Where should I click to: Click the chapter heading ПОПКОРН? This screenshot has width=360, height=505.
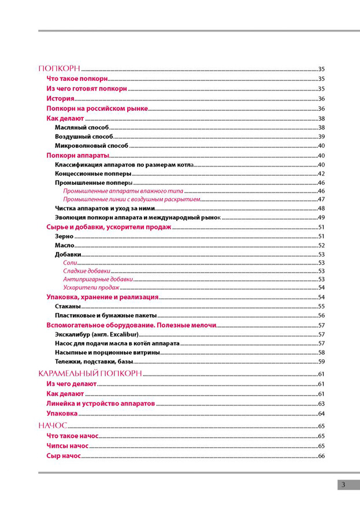coord(59,68)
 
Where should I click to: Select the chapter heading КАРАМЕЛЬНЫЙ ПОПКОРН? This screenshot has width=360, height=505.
coord(90,374)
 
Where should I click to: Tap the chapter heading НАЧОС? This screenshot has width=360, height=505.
coord(53,425)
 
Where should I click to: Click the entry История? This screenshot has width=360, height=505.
coord(60,99)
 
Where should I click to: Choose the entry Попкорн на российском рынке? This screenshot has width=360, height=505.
coord(97,109)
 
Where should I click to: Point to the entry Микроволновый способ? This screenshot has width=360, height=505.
coord(91,146)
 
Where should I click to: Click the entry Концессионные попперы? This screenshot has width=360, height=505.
coord(92,173)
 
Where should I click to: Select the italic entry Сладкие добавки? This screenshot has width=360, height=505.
coord(86,270)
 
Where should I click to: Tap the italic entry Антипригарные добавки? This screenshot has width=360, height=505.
coord(98,279)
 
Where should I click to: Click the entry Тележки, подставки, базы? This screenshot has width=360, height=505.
coord(94,361)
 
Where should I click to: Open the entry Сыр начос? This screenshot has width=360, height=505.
coord(64,456)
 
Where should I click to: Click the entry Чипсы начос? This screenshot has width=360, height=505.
coord(67,446)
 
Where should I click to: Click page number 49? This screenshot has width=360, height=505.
coord(321,217)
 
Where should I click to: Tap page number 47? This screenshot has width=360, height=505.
coord(321,199)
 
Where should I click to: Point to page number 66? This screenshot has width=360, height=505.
coord(321,456)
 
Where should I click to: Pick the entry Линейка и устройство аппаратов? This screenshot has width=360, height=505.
coord(101,403)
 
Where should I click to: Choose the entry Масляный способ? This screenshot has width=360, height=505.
coord(81,127)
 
